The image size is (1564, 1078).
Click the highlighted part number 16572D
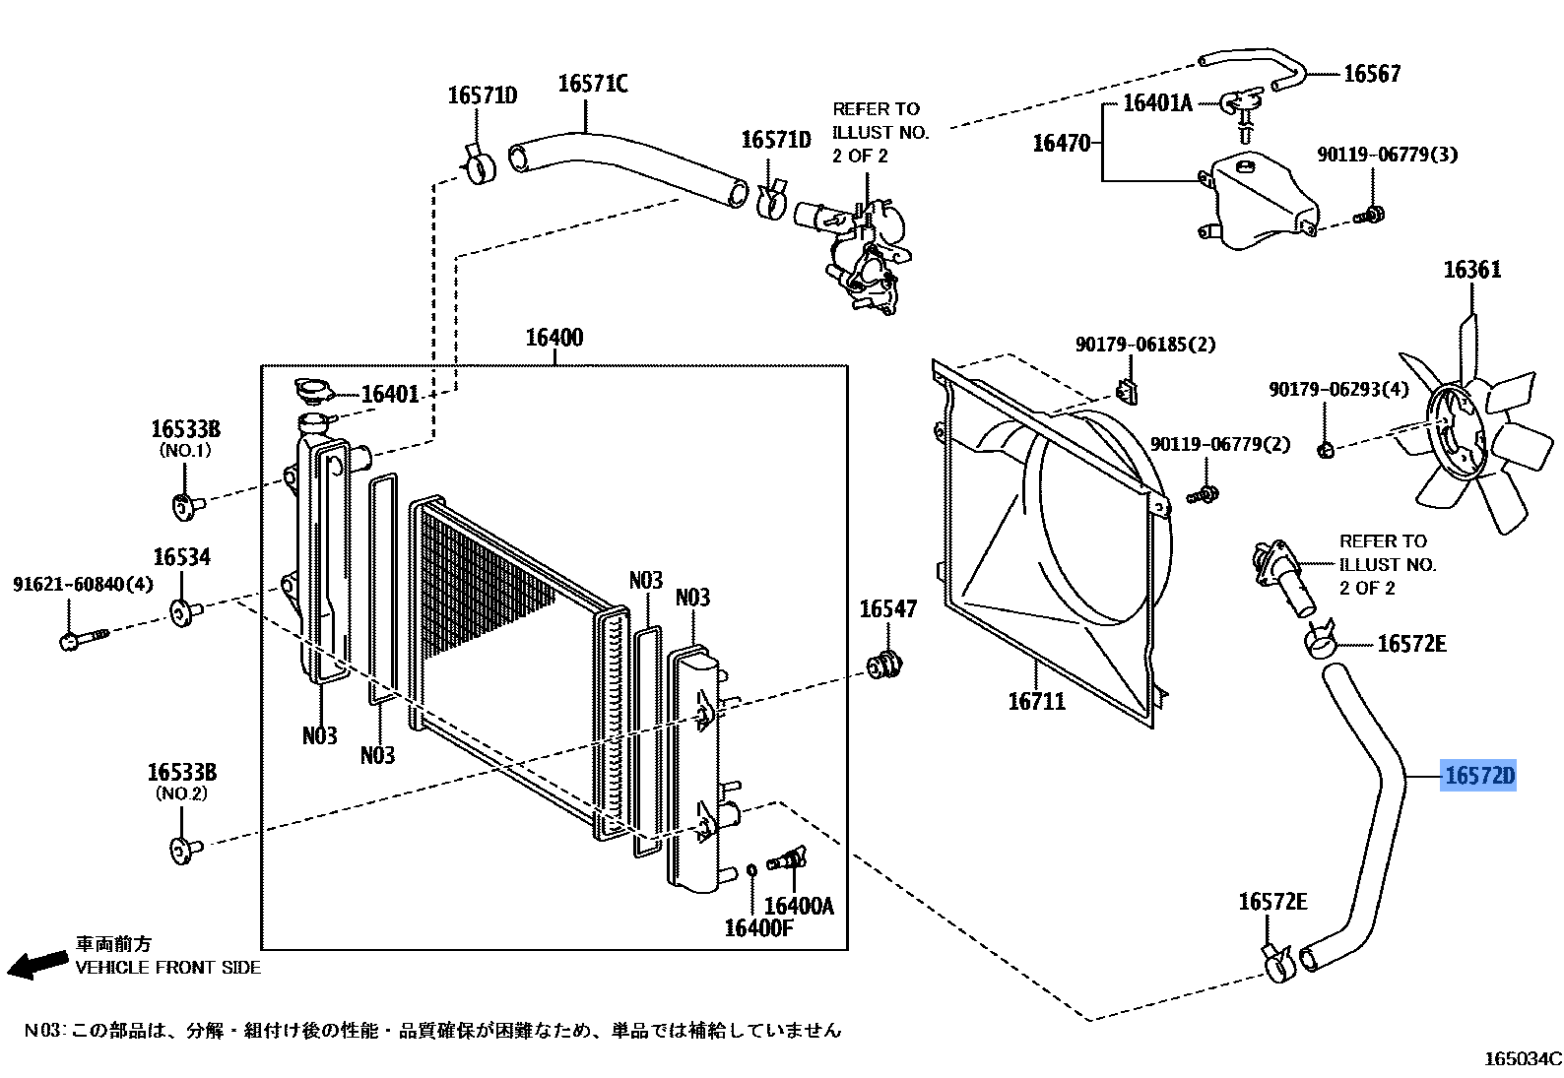(x=1477, y=777)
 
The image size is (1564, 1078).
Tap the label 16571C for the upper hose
(x=592, y=84)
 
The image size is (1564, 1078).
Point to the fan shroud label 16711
(x=1036, y=702)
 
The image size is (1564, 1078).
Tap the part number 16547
(x=887, y=609)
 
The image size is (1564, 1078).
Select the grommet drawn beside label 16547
(x=882, y=666)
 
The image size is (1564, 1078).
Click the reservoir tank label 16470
(x=1061, y=144)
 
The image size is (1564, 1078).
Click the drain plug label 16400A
(x=798, y=906)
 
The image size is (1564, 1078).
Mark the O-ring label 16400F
(x=758, y=926)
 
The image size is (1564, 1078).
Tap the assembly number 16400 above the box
(x=554, y=338)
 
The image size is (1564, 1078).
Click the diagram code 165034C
(x=1523, y=1058)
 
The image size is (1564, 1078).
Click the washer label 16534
(x=182, y=558)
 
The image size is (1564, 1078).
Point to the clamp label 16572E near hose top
(x=1411, y=644)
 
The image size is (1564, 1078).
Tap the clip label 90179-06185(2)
(x=1144, y=345)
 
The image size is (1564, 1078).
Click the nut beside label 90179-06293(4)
(x=1326, y=451)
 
